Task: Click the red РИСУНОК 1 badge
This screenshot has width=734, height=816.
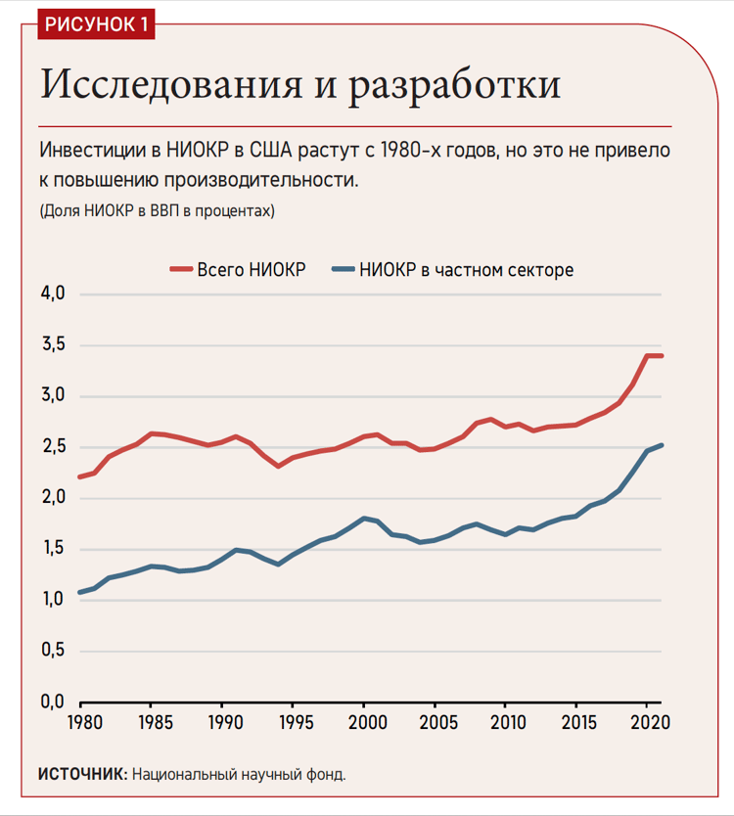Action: (96, 24)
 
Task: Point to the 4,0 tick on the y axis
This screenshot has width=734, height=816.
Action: (52, 295)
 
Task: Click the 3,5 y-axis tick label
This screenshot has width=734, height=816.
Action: (52, 345)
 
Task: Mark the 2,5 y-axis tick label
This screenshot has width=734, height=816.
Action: (52, 447)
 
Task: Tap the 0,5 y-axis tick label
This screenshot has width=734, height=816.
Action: (52, 651)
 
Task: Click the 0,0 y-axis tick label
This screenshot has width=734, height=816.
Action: (52, 702)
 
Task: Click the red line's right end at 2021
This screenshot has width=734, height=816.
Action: (662, 355)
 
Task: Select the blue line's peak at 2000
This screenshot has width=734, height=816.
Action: (364, 518)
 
